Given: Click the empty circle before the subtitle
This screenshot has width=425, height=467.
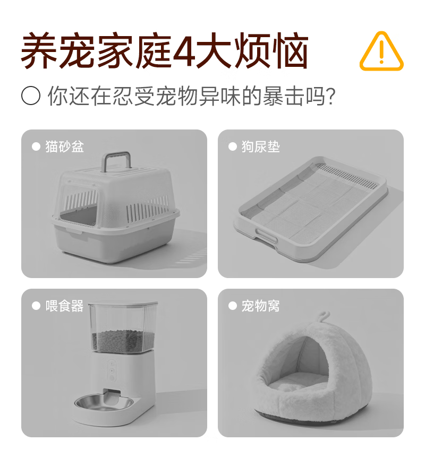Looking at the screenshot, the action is click(x=31, y=96).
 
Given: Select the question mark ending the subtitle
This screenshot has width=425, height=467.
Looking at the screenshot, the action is click(x=330, y=96).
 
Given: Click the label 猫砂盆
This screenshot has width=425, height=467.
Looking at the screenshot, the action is click(x=64, y=146).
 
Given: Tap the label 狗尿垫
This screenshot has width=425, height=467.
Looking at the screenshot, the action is click(x=261, y=146).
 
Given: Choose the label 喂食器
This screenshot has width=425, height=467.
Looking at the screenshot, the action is click(x=64, y=306).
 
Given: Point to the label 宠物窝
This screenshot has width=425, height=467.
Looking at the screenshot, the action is click(x=261, y=306).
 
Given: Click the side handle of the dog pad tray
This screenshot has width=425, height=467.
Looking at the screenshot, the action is click(x=266, y=237).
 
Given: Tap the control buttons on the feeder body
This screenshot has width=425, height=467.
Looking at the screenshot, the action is click(x=112, y=370).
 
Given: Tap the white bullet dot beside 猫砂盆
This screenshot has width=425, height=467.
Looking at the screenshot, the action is click(x=36, y=146).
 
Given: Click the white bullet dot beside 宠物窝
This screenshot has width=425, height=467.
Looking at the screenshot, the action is click(x=232, y=306).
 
